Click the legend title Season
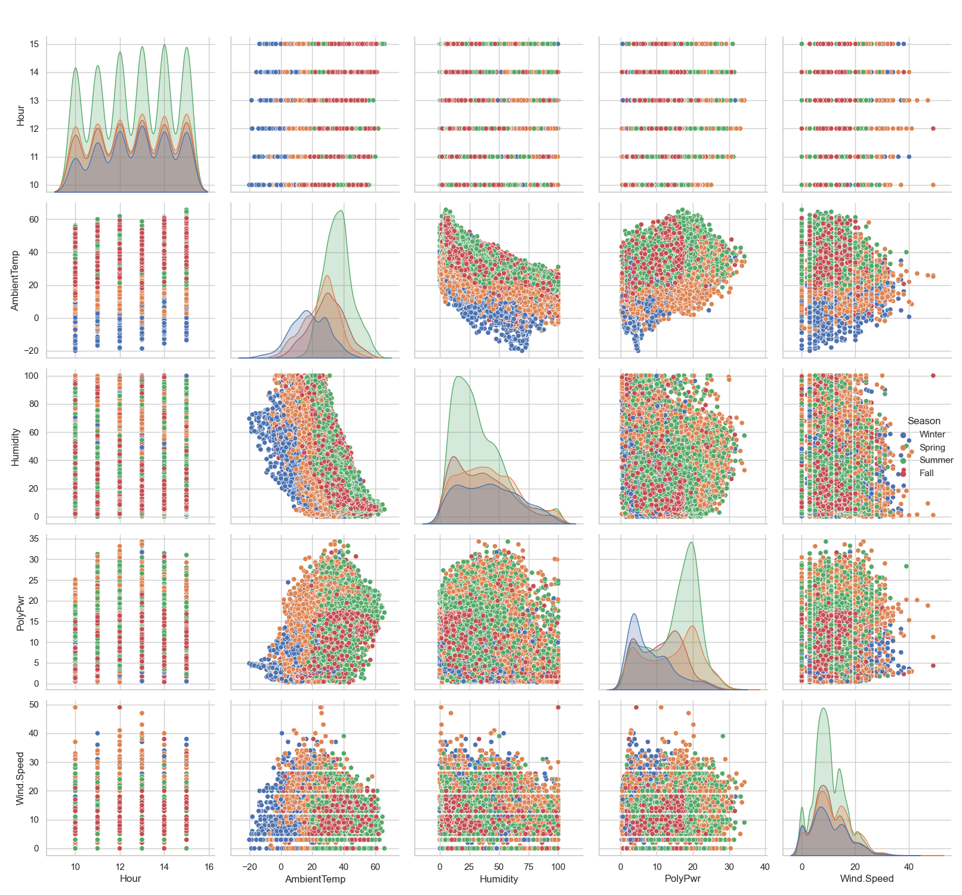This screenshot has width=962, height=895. pos(923,421)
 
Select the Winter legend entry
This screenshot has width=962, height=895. pos(932,434)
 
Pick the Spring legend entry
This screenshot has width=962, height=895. pos(932,447)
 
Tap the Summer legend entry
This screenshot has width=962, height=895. pos(936,460)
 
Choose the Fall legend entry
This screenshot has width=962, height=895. pos(926,473)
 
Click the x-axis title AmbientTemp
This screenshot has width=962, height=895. pos(315,879)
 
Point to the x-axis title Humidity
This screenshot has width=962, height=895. pos(499,879)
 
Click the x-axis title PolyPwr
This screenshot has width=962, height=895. pos(683,879)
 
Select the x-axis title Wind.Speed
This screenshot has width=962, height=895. pos(867,879)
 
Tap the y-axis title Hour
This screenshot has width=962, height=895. pos(20,115)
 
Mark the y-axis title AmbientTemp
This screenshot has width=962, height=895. pos(16,280)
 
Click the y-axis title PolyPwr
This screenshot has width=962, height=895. pos(20,611)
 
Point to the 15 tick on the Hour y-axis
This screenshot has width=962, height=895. pos(34,44)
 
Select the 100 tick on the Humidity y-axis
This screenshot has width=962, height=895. pos(32,376)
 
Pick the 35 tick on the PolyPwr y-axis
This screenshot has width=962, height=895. pos(34,539)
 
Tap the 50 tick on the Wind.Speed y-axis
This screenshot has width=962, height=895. pos(34,705)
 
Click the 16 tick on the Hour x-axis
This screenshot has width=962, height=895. pos(209,867)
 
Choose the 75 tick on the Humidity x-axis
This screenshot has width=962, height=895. pos(529,867)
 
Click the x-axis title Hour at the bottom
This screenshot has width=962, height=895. pos(130,879)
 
